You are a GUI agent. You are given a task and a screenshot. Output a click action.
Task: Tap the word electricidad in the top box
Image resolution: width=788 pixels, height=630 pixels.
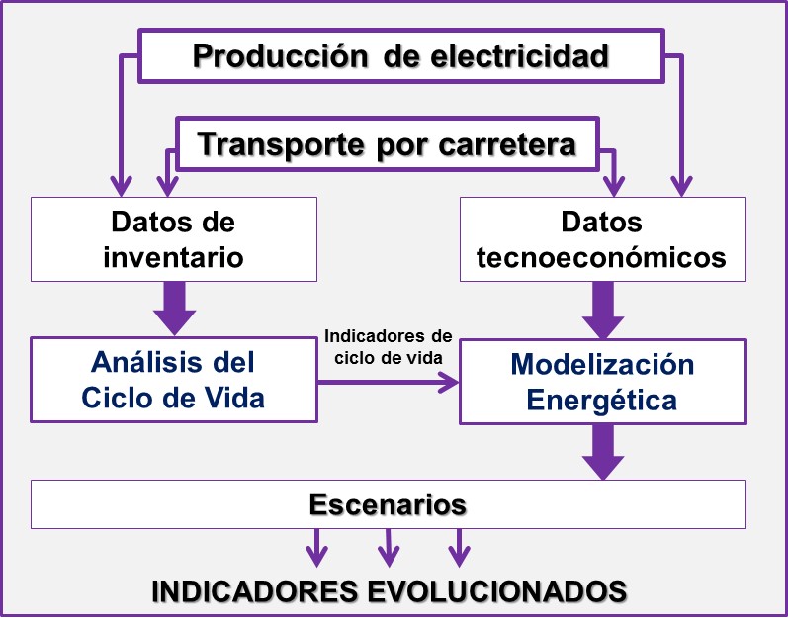coord(521,56)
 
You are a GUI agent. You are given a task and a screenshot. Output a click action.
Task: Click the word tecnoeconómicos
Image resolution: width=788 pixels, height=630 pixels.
coord(601,257)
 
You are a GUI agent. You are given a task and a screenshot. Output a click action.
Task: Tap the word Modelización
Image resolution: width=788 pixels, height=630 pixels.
coord(602,364)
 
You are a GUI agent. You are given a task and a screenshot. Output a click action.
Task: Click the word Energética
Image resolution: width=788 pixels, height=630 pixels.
coord(602,401)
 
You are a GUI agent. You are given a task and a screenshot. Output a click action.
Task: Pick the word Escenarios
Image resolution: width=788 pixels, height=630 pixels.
coord(388,504)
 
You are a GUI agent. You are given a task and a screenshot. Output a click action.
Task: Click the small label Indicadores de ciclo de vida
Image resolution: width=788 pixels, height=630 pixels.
coord(388,345)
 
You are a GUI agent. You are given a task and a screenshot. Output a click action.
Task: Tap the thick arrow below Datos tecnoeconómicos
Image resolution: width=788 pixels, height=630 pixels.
coord(602,311)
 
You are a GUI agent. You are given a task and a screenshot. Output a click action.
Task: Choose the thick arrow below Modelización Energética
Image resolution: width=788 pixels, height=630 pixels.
coord(602,452)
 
